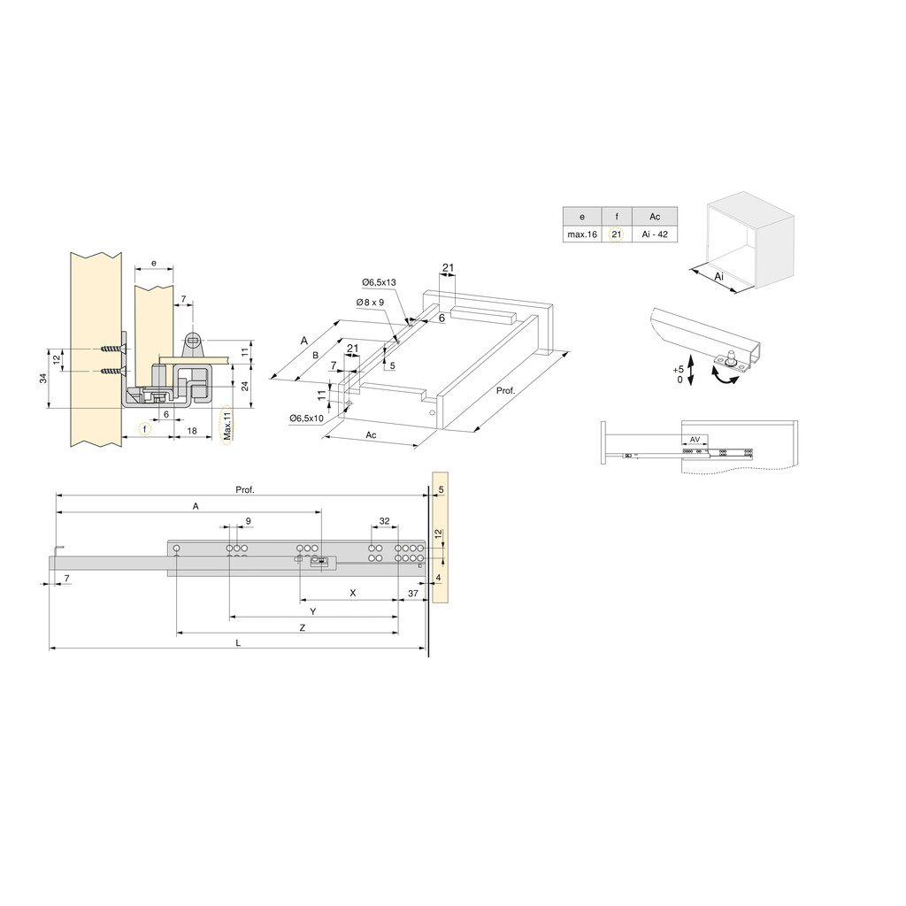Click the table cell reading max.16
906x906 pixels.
pyautogui.click(x=582, y=234)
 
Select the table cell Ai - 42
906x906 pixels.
pyautogui.click(x=655, y=234)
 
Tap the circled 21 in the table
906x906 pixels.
pyautogui.click(x=617, y=234)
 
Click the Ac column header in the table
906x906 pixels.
pyautogui.click(x=655, y=217)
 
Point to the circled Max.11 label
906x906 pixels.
pyautogui.click(x=227, y=426)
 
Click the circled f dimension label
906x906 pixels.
pyautogui.click(x=145, y=429)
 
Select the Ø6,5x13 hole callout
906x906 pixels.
pyautogui.click(x=379, y=282)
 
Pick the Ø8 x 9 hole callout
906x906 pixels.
pyautogui.click(x=371, y=303)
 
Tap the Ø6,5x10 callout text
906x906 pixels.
pyautogui.click(x=306, y=418)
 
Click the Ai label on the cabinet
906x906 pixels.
pyautogui.click(x=718, y=277)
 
